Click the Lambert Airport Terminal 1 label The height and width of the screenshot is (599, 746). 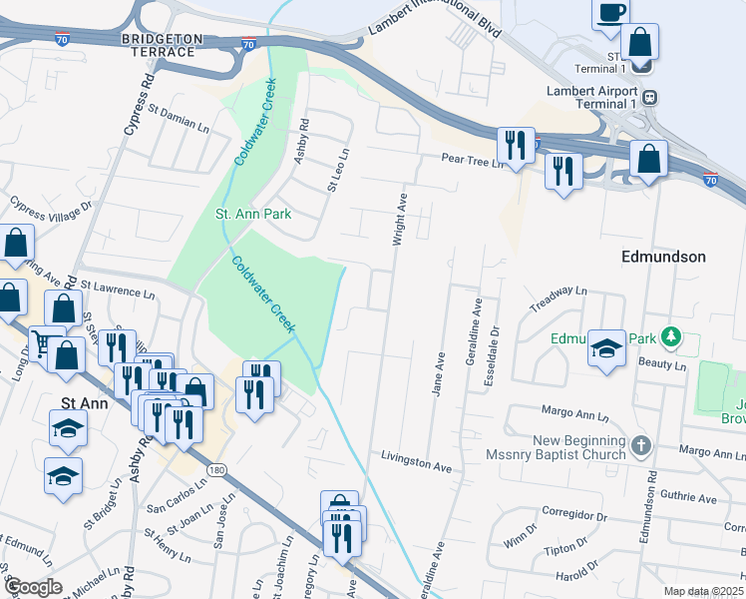pyautogui.click(x=591, y=97)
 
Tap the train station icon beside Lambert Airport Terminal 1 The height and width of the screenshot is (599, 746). pyautogui.click(x=649, y=98)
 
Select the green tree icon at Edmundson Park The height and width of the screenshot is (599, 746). pyautogui.click(x=674, y=336)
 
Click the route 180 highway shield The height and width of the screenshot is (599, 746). pyautogui.click(x=214, y=468)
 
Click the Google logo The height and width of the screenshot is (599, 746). pyautogui.click(x=32, y=587)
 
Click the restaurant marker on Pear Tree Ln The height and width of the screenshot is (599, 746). pyautogui.click(x=516, y=146)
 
